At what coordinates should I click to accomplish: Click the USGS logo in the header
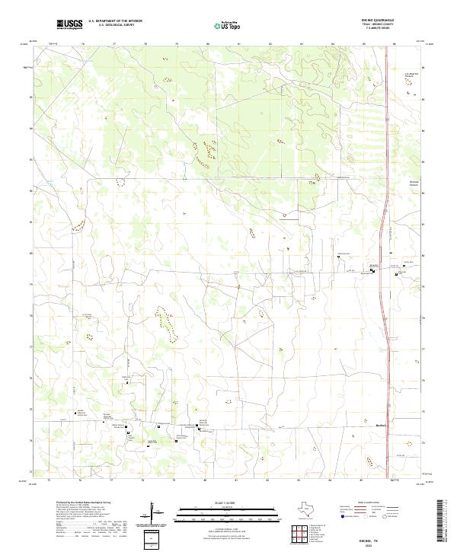click(x=70, y=24)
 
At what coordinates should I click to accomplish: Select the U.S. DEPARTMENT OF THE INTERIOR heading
click(x=115, y=21)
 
